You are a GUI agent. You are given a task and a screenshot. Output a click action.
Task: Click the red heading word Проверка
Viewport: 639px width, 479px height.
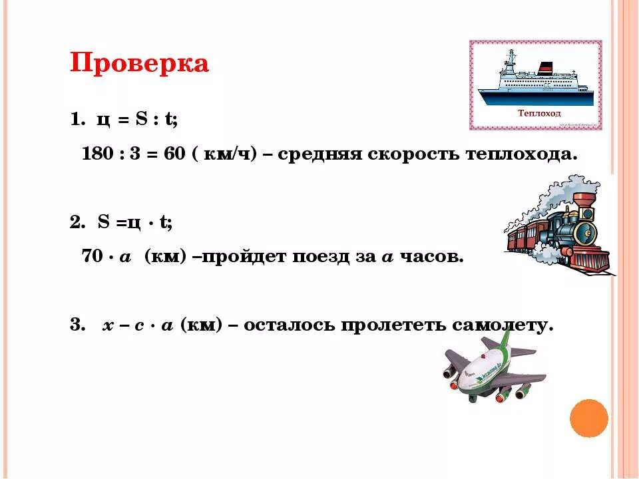(x=139, y=63)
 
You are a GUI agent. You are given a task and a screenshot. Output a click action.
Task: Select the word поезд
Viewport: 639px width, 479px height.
(x=323, y=257)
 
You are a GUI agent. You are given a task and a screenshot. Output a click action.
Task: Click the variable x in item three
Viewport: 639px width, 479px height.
(x=106, y=326)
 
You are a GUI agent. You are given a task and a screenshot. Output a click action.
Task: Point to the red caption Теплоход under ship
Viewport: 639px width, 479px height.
(x=539, y=113)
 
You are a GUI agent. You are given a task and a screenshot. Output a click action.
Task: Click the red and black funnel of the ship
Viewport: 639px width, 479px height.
(x=546, y=67)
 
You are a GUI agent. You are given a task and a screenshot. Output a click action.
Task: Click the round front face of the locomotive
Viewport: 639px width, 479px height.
(x=586, y=232)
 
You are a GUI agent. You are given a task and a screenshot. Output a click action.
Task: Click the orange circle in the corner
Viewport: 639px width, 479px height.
(x=589, y=418)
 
